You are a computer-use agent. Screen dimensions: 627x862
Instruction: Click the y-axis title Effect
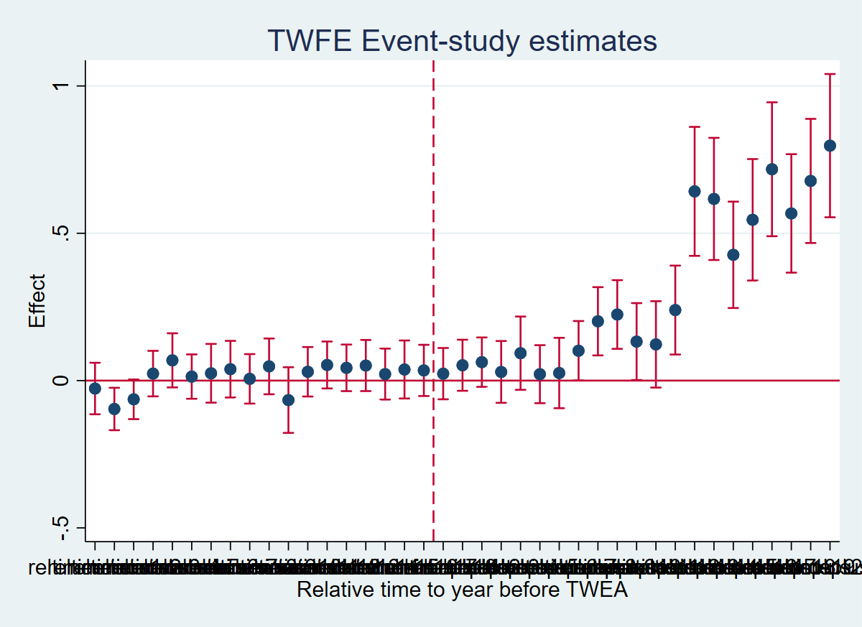pyautogui.click(x=37, y=301)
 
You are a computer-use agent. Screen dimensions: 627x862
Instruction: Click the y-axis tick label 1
pyautogui.click(x=60, y=86)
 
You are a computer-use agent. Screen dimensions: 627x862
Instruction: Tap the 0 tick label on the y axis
pyautogui.click(x=60, y=381)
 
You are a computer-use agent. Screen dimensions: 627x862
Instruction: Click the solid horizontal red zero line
pyautogui.click(x=287, y=381)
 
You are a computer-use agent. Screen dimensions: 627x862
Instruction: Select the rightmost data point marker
pyautogui.click(x=830, y=146)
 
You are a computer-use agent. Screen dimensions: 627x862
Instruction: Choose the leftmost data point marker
pyautogui.click(x=95, y=389)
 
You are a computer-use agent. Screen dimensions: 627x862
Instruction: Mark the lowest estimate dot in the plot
pyautogui.click(x=114, y=409)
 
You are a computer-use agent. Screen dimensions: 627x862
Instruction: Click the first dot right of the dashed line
pyautogui.click(x=443, y=373)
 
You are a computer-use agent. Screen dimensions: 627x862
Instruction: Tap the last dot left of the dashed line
pyautogui.click(x=424, y=371)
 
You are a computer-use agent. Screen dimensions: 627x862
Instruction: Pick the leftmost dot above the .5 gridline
pyautogui.click(x=695, y=191)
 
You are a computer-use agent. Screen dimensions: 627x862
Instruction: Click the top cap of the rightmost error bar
pyautogui.click(x=830, y=74)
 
